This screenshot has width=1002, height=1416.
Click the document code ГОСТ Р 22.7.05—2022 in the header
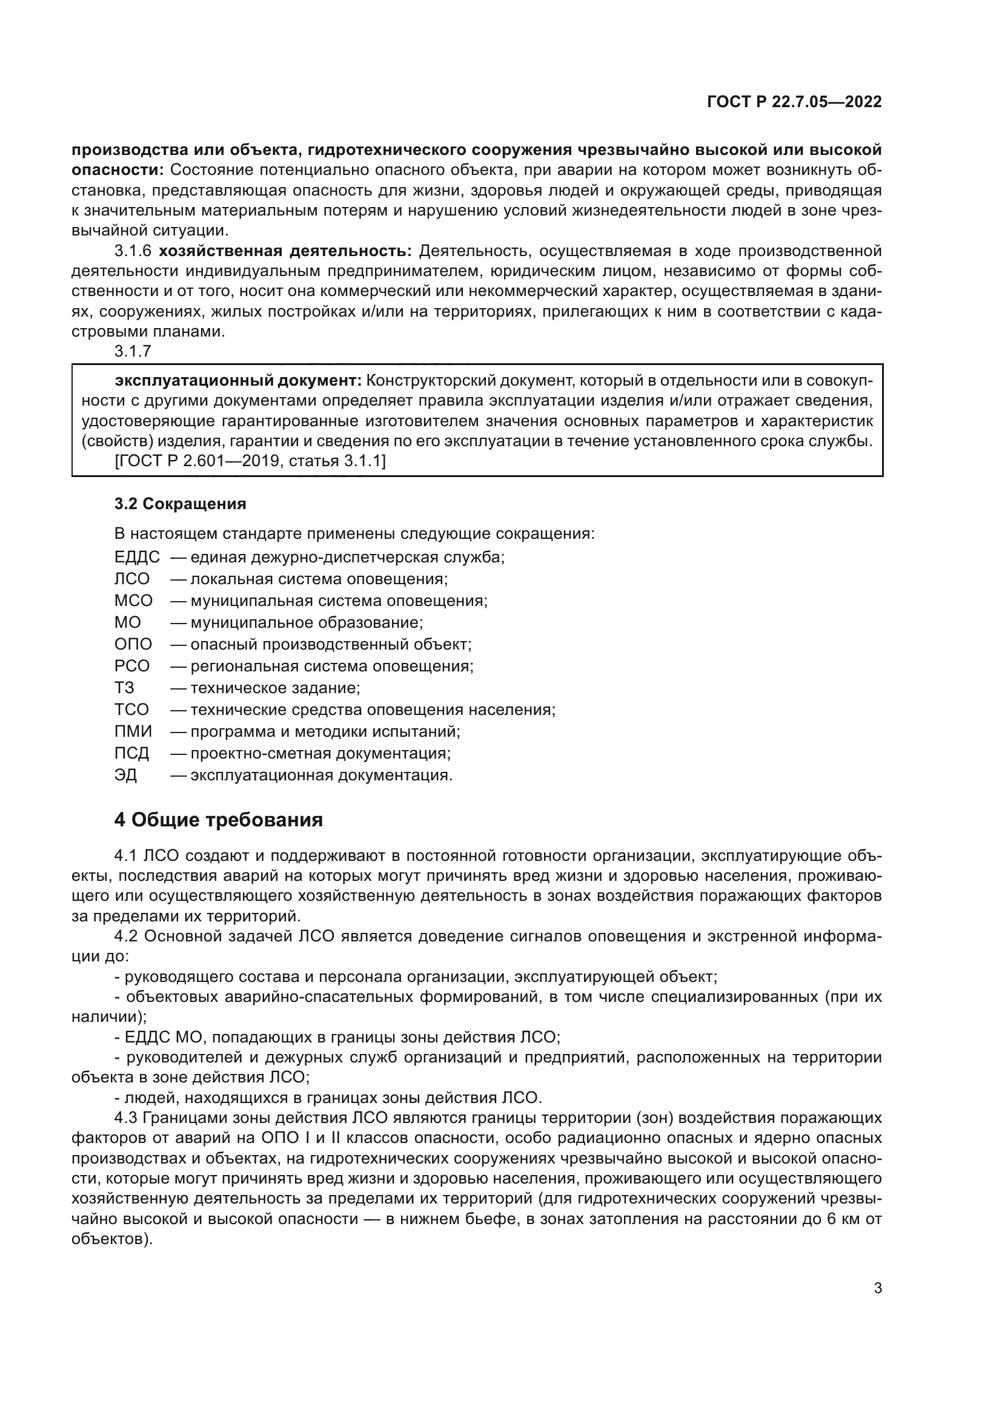(x=794, y=102)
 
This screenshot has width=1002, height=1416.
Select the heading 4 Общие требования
(x=219, y=820)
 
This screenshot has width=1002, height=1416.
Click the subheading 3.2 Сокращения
(x=180, y=504)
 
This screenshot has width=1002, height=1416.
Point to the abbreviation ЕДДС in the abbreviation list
(x=137, y=558)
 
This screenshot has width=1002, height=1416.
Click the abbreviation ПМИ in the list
(x=133, y=731)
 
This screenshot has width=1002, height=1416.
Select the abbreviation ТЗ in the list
(x=125, y=688)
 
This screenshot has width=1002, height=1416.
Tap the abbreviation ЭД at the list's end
(x=126, y=776)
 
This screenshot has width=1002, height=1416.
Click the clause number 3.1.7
(x=133, y=352)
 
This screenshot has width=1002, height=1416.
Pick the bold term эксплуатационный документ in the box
(x=238, y=381)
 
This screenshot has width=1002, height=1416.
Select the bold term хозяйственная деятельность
(x=285, y=251)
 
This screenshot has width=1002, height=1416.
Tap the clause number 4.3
(x=127, y=1118)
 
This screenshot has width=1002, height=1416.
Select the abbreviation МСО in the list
(x=133, y=601)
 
